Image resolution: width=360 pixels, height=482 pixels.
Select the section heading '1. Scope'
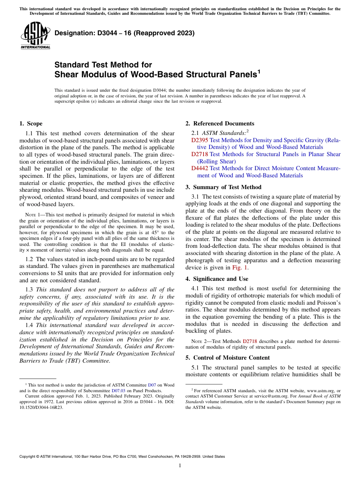pos(31,124)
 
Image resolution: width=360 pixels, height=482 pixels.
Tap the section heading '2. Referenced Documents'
pos(220,124)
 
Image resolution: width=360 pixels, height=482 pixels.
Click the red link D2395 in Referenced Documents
pos(199,140)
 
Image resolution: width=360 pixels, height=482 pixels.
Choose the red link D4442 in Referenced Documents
pos(199,168)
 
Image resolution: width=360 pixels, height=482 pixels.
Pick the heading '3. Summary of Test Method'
pos(224,187)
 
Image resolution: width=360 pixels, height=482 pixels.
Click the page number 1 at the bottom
pos(180,466)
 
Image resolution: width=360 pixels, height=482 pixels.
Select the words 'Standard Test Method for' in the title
pos(103,65)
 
